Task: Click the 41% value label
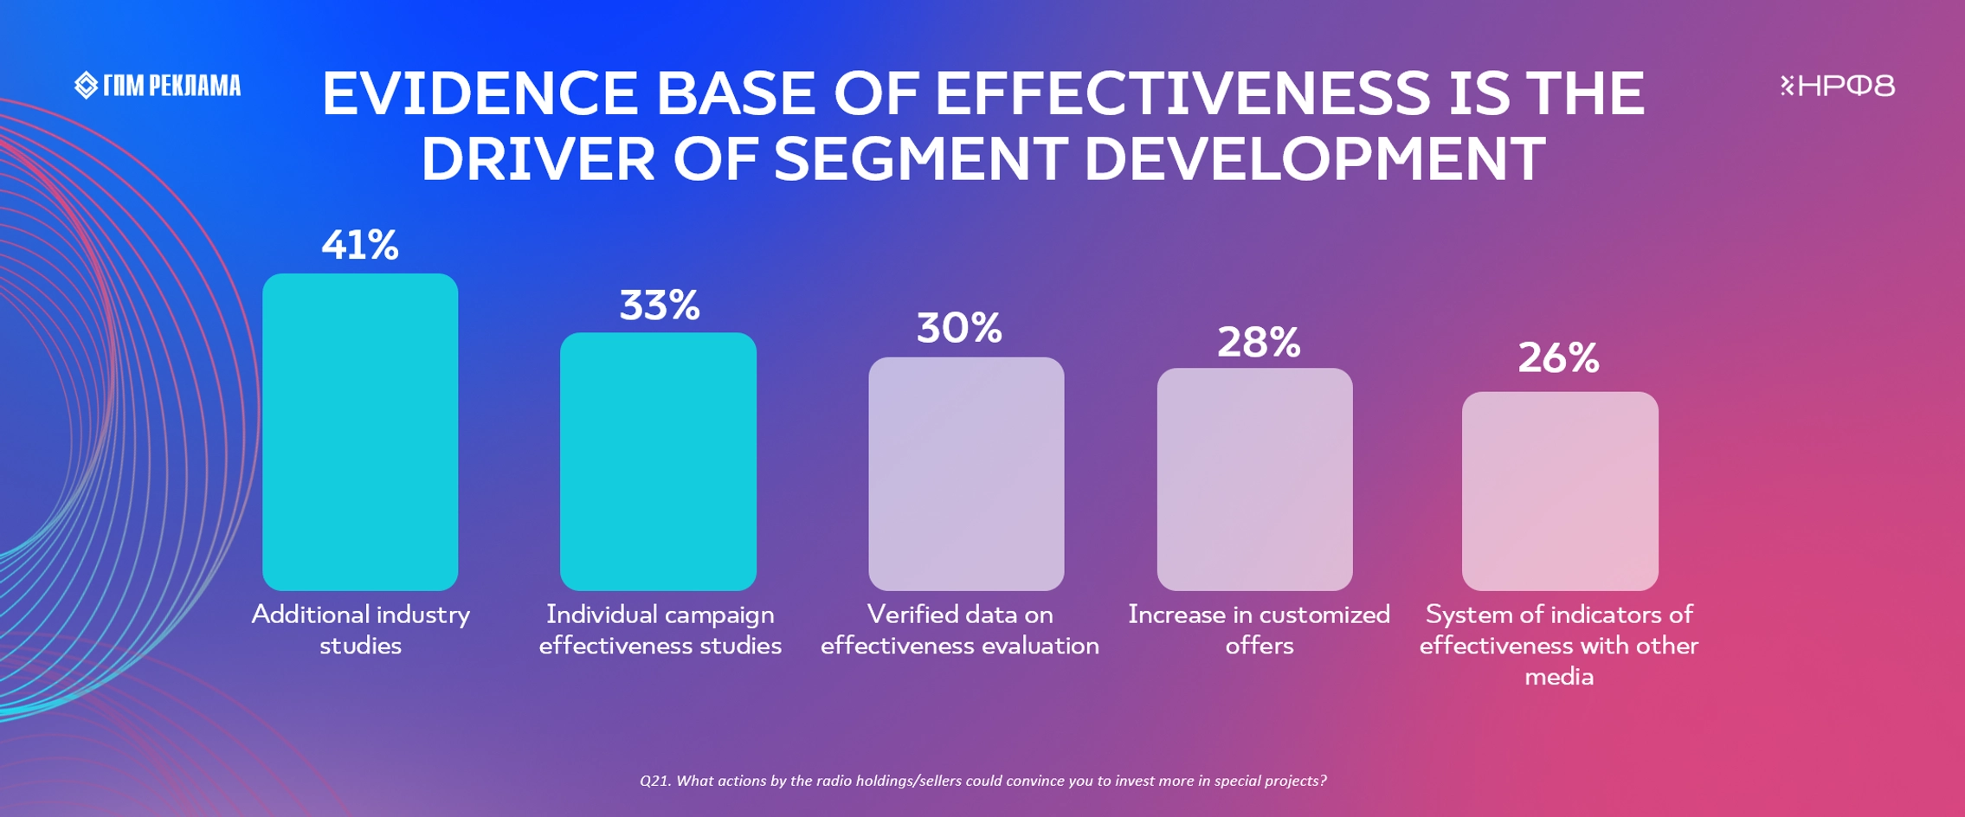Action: [360, 246]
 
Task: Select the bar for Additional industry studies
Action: [360, 432]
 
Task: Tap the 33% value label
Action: [660, 306]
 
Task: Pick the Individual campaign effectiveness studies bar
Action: [658, 461]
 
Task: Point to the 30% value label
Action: [959, 329]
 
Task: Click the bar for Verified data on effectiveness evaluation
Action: [966, 473]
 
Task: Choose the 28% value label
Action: [1259, 343]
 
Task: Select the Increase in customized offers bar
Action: [1254, 479]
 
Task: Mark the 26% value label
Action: [1558, 358]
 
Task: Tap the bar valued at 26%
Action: [1560, 491]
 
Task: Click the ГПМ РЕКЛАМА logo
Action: [158, 86]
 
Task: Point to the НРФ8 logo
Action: [1837, 86]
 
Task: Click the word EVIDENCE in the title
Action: [480, 93]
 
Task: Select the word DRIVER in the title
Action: [538, 159]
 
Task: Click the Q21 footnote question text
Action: [982, 781]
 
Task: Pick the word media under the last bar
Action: [1558, 677]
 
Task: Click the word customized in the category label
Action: [1324, 614]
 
